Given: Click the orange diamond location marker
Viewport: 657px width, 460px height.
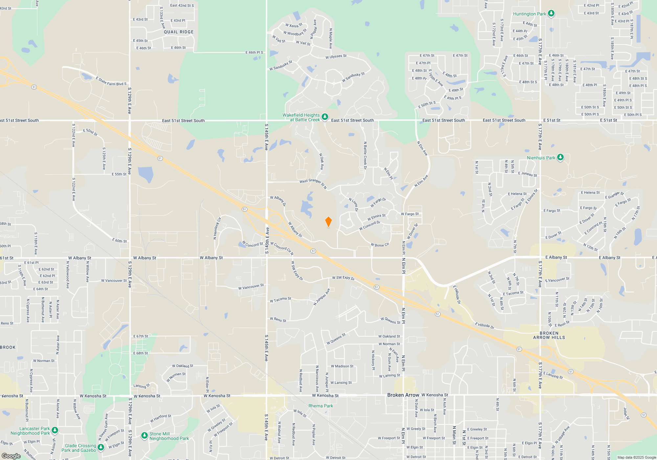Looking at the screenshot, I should pyautogui.click(x=328, y=222).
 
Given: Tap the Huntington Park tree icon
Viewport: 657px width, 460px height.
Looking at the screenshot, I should pyautogui.click(x=551, y=13).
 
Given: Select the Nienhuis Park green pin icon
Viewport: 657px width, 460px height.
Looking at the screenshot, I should pyautogui.click(x=560, y=157).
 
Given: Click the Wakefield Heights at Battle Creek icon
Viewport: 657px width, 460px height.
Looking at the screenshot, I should pyautogui.click(x=325, y=117).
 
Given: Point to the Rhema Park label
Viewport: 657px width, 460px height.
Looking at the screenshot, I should pyautogui.click(x=321, y=406).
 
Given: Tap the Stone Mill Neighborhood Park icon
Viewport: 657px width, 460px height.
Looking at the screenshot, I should pyautogui.click(x=144, y=436).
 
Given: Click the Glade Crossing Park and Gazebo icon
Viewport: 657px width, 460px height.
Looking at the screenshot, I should pyautogui.click(x=101, y=447).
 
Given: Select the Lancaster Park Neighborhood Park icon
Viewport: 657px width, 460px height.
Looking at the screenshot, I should pyautogui.click(x=55, y=430).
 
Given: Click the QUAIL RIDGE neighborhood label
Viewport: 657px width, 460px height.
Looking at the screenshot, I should pyautogui.click(x=179, y=32).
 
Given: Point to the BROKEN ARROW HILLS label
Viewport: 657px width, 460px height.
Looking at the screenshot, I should pyautogui.click(x=549, y=335).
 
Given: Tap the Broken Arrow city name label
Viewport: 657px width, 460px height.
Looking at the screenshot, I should pyautogui.click(x=403, y=395).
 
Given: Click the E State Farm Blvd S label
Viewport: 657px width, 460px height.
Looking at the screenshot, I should pyautogui.click(x=111, y=81).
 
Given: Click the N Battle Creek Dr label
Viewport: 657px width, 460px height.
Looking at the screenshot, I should pyautogui.click(x=365, y=155).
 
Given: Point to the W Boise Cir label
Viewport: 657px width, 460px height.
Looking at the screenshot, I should pyautogui.click(x=380, y=245).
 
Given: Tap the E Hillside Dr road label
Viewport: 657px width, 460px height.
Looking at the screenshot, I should pyautogui.click(x=485, y=326).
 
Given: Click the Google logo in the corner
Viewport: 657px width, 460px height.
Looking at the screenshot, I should pyautogui.click(x=11, y=456).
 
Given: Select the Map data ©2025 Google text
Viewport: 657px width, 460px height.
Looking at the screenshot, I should pyautogui.click(x=636, y=457).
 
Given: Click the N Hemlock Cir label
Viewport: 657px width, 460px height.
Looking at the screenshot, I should pyautogui.click(x=217, y=228).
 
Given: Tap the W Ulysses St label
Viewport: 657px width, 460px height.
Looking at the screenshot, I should pyautogui.click(x=336, y=57).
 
